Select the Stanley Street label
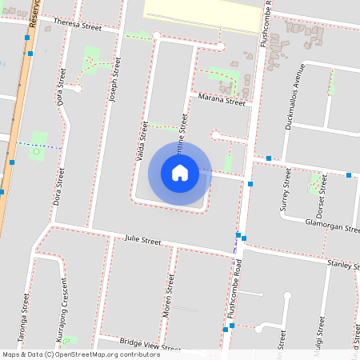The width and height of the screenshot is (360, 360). coord(344,263)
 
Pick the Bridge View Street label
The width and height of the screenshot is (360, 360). coord(150,345)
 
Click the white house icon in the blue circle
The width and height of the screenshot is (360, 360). coord(180,173)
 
